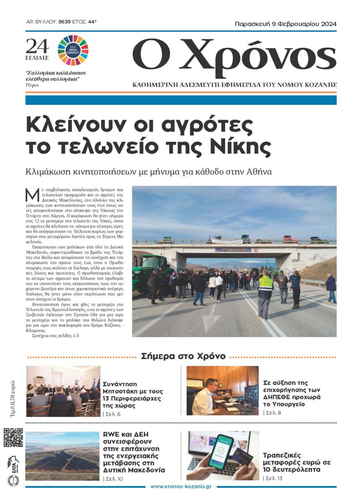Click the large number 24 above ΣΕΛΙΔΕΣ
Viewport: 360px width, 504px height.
tap(37, 46)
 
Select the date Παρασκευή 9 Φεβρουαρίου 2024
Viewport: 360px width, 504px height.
tap(285, 24)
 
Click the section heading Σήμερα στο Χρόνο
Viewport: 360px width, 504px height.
tap(183, 357)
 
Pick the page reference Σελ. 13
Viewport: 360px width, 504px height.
tap(274, 478)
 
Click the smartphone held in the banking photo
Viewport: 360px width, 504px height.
tap(220, 452)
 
